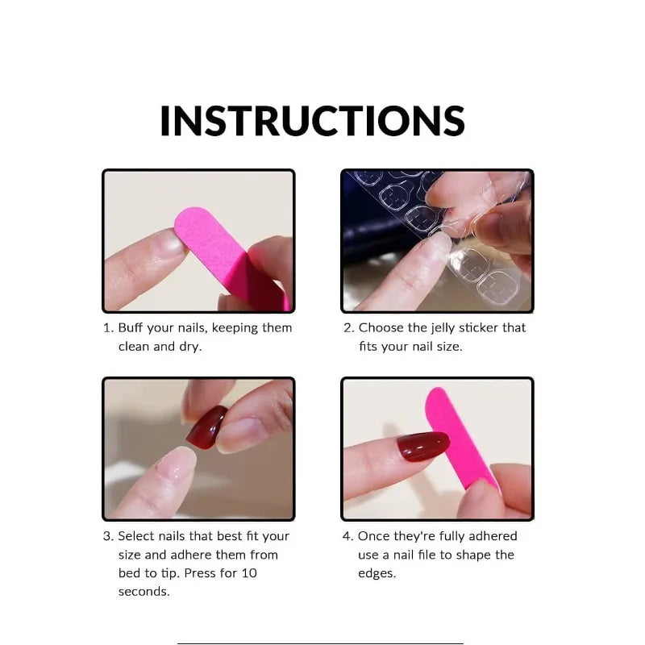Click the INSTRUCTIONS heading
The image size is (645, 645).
pyautogui.click(x=312, y=120)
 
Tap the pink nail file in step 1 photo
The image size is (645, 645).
pyautogui.click(x=231, y=256)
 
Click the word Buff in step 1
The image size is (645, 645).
pyautogui.click(x=131, y=328)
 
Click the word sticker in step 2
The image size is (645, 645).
pyautogui.click(x=478, y=328)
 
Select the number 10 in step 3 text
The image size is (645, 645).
pyautogui.click(x=249, y=573)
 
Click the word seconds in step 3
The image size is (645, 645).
pyautogui.click(x=144, y=592)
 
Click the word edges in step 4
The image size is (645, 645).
pyautogui.click(x=377, y=573)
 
